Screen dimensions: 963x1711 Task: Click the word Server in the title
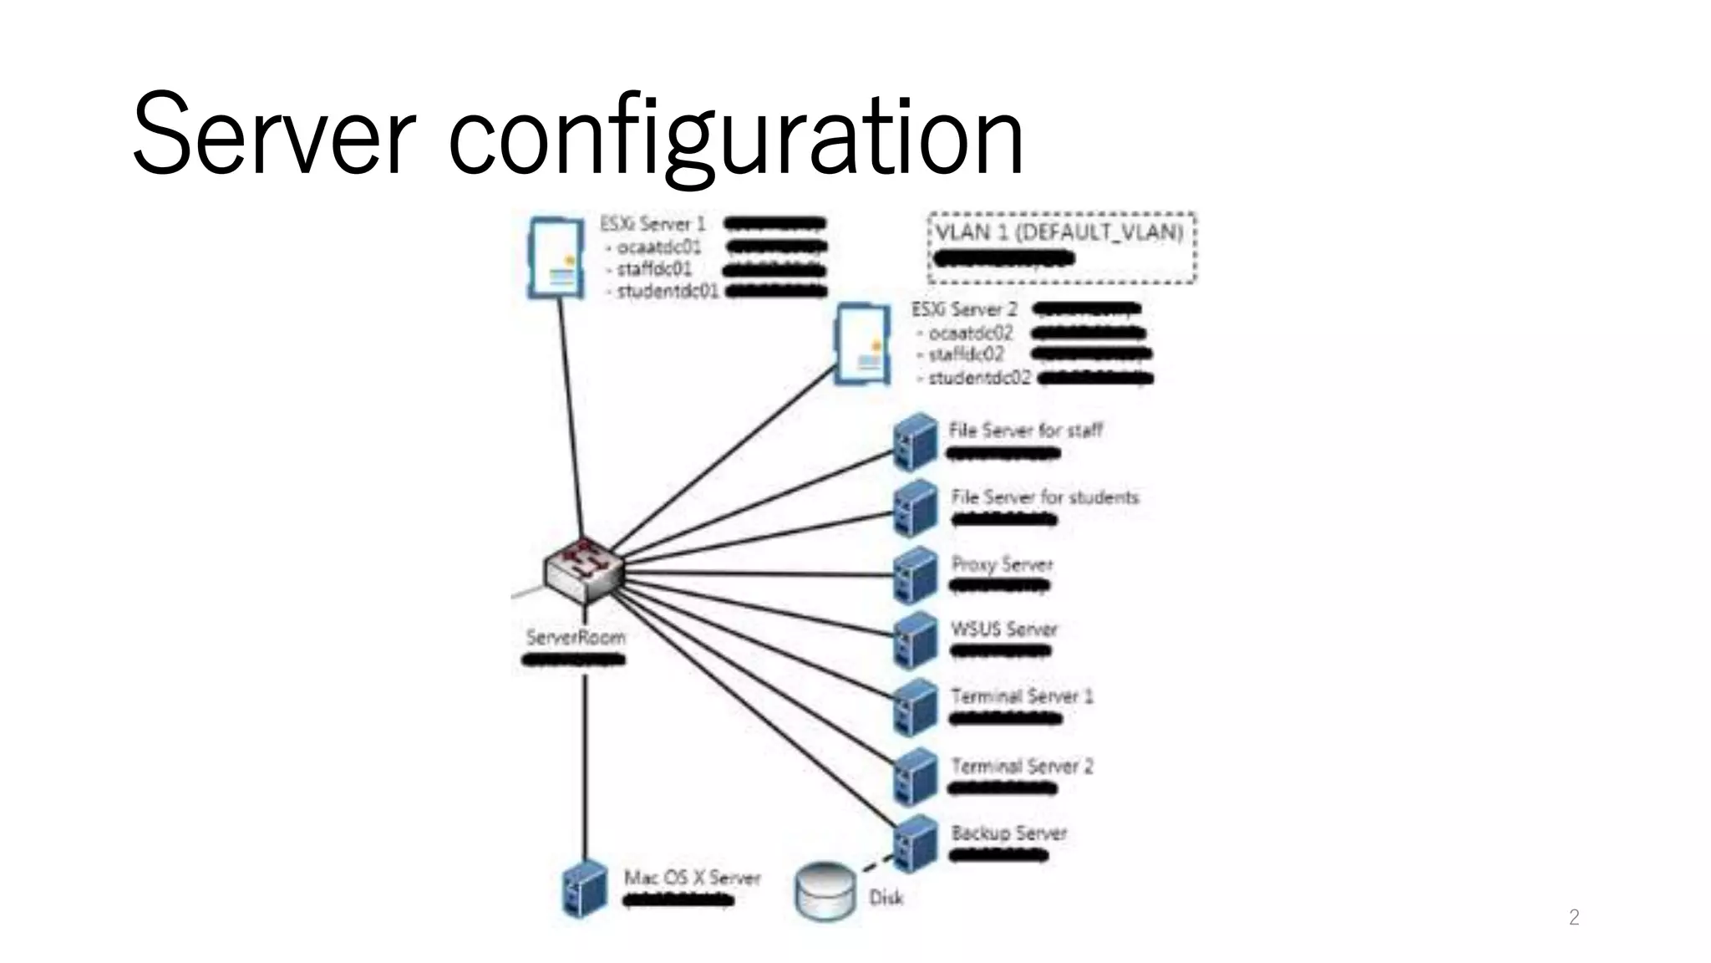[x=273, y=134]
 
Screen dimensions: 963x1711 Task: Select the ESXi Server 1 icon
[x=556, y=257]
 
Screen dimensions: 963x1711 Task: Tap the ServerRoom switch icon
[x=583, y=570]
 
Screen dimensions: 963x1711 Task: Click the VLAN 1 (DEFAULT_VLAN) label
[x=1059, y=232]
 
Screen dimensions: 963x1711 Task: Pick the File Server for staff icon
[x=916, y=442]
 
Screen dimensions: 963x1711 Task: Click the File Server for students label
[x=1044, y=497]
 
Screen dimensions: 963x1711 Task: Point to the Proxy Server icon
[x=916, y=576]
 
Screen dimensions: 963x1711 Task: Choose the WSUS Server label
[x=1004, y=629]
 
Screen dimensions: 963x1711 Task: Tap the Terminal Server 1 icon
[x=916, y=707]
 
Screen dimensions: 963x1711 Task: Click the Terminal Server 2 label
[x=1022, y=766]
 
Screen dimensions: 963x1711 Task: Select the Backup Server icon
[x=916, y=843]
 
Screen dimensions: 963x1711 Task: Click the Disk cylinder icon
[x=825, y=893]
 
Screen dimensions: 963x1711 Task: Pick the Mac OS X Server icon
[x=584, y=889]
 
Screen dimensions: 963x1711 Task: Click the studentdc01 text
[x=667, y=292]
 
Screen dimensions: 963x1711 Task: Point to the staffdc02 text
[x=966, y=354]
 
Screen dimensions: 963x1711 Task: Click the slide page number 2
[x=1574, y=918]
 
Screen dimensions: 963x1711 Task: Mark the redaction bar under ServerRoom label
[x=574, y=660]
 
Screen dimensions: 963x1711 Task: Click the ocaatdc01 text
[x=658, y=247]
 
